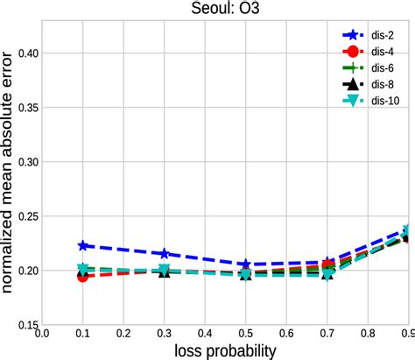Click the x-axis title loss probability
coord(225,349)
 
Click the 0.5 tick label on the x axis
coord(246,333)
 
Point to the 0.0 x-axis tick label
coord(41,333)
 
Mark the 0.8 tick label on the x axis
coord(369,333)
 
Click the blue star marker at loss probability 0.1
coord(83,246)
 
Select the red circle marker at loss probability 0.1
coord(82,276)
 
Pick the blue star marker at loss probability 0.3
coord(165,254)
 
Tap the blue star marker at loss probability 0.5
coord(246,265)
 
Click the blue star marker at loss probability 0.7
coord(328,263)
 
